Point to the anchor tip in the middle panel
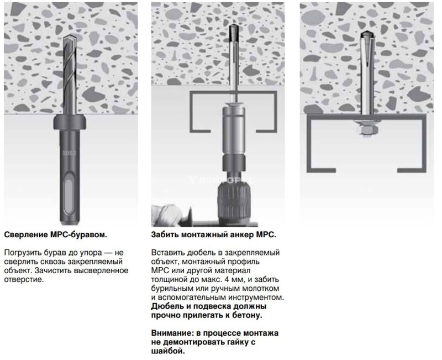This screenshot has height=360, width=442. [x=234, y=32]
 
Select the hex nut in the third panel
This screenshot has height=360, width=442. [x=367, y=130]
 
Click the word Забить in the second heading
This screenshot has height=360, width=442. [x=165, y=234]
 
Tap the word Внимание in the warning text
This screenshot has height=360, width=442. [x=172, y=333]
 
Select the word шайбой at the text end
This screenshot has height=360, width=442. [x=169, y=351]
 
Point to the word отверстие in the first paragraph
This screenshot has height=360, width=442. [x=24, y=280]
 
